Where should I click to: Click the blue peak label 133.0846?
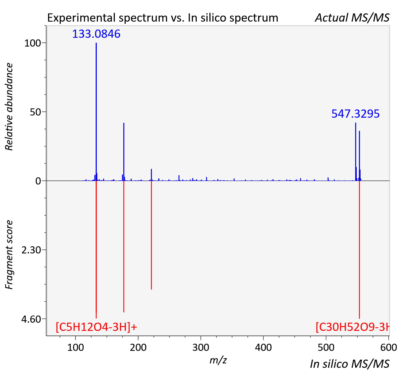96,34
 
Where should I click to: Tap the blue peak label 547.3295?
355,114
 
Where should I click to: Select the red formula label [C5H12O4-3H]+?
96,327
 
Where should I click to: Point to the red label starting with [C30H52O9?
353,327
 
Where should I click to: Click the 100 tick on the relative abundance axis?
33,43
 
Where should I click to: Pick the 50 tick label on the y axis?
35,112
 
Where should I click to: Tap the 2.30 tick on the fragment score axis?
31,250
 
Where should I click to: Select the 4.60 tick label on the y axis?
31,319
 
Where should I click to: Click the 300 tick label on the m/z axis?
201,348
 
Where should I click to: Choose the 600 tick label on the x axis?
389,348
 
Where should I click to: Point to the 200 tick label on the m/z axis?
138,348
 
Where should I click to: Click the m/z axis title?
218,360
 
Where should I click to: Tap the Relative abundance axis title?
9,106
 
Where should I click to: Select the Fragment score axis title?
9,255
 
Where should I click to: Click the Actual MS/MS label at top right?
352,18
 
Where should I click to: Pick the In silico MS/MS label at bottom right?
350,364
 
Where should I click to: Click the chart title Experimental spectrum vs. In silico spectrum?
163,18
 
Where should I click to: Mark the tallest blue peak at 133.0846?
96,112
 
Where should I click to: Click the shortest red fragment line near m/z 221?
151,235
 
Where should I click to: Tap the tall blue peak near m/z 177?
124,152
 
